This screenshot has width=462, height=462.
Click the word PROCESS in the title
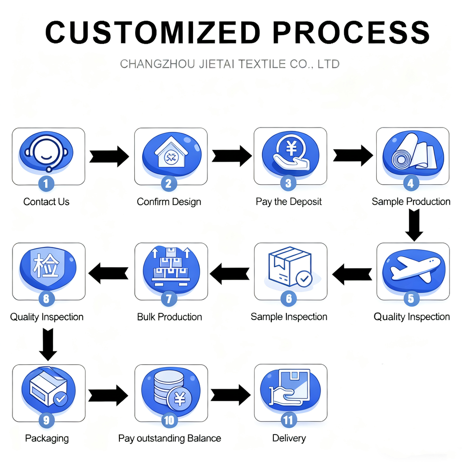coord(351,33)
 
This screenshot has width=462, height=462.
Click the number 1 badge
coord(46,183)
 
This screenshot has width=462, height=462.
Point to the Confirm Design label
coord(169,202)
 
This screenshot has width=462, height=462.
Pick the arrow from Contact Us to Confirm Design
coord(109,156)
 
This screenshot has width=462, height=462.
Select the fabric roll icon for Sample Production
coord(412,152)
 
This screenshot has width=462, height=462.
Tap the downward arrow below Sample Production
coord(413,225)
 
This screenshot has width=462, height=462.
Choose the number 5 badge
coord(411,299)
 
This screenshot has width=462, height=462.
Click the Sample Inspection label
coord(289,317)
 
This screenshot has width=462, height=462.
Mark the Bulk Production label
coord(169,317)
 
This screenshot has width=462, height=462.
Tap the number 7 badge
coord(168,299)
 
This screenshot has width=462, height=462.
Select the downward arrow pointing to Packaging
coord(48,344)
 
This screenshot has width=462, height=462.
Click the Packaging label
coord(47,438)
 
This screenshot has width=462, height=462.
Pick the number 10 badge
coord(168,420)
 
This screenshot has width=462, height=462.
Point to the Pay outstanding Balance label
coord(169,438)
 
